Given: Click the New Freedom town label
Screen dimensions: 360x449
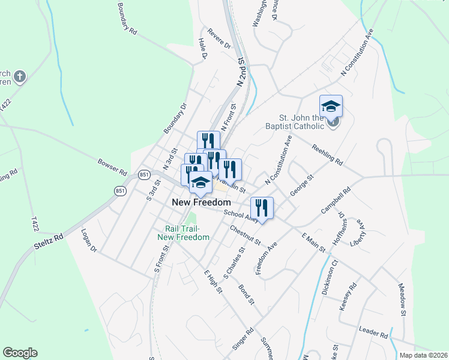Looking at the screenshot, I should pyautogui.click(x=201, y=203).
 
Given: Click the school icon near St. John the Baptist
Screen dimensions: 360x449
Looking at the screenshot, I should pyautogui.click(x=331, y=107).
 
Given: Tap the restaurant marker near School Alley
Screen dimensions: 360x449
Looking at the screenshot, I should pyautogui.click(x=262, y=209).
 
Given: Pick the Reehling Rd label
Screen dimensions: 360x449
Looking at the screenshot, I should pyautogui.click(x=327, y=155).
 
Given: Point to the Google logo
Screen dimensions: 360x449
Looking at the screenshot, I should pyautogui.click(x=20, y=353).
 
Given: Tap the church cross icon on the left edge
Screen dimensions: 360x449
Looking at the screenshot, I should pyautogui.click(x=19, y=76).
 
